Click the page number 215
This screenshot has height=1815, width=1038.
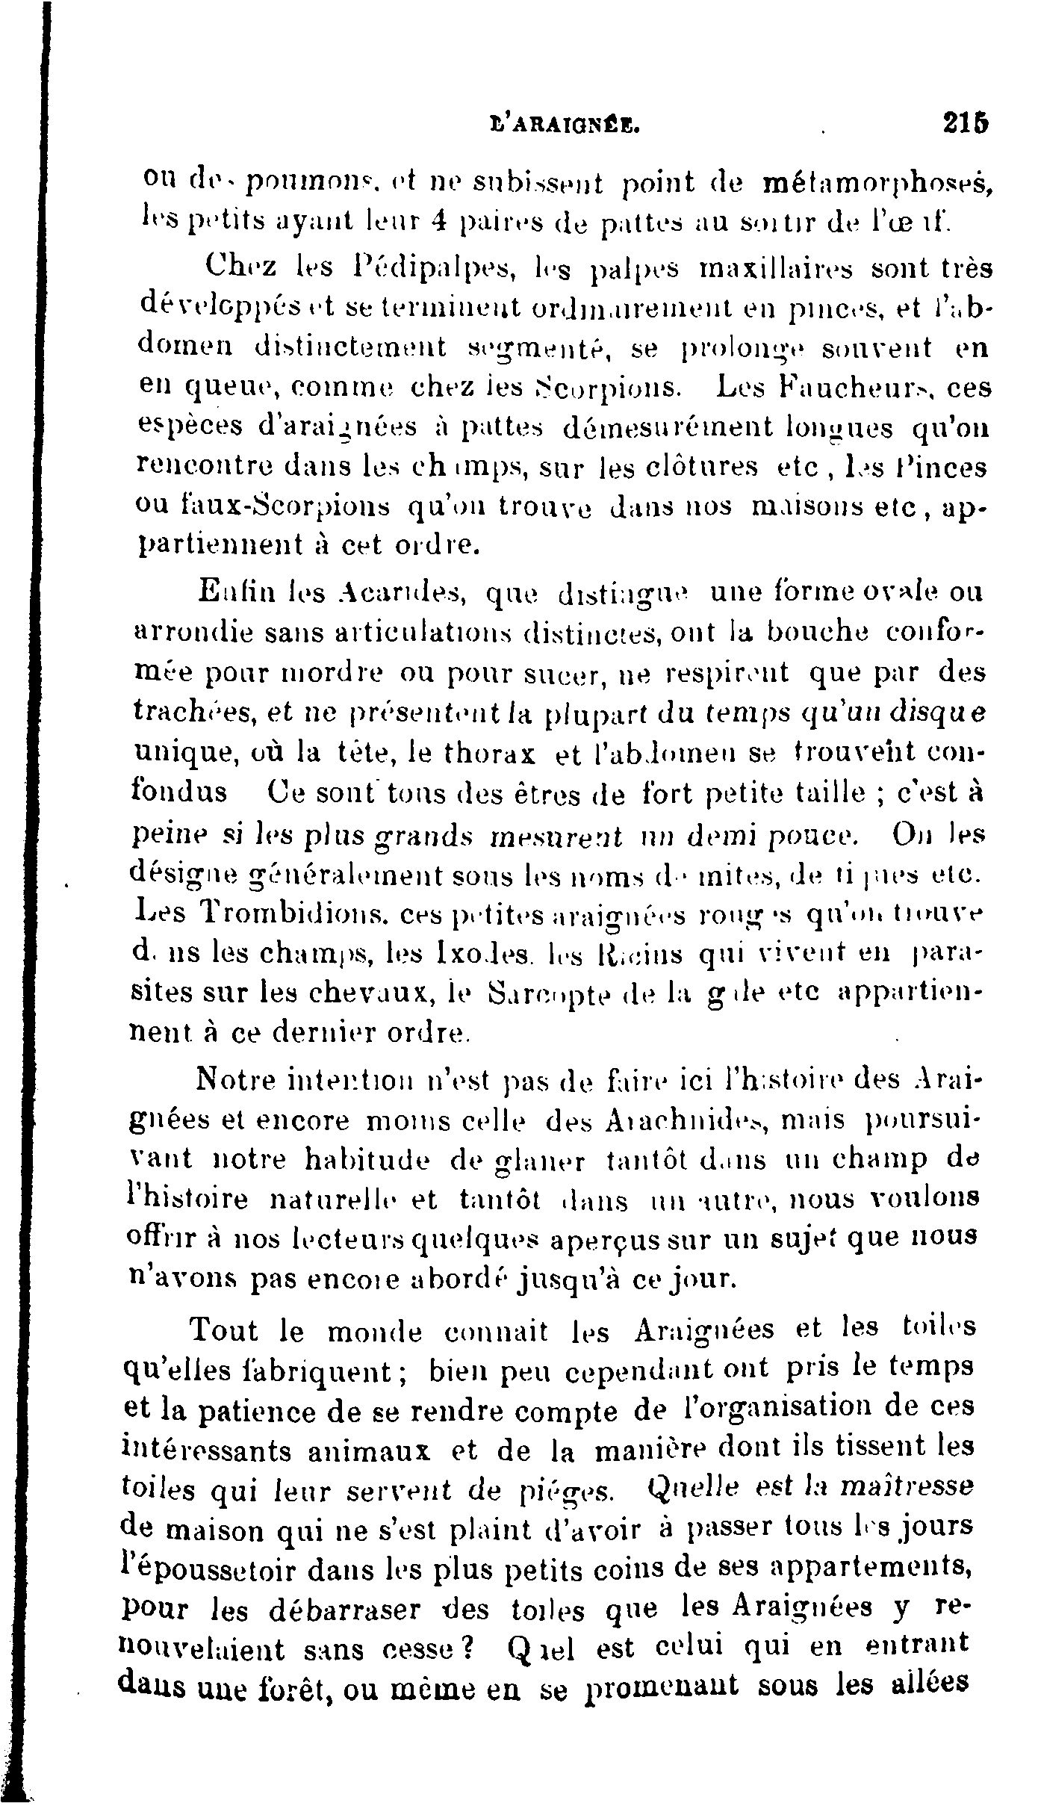[966, 122]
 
